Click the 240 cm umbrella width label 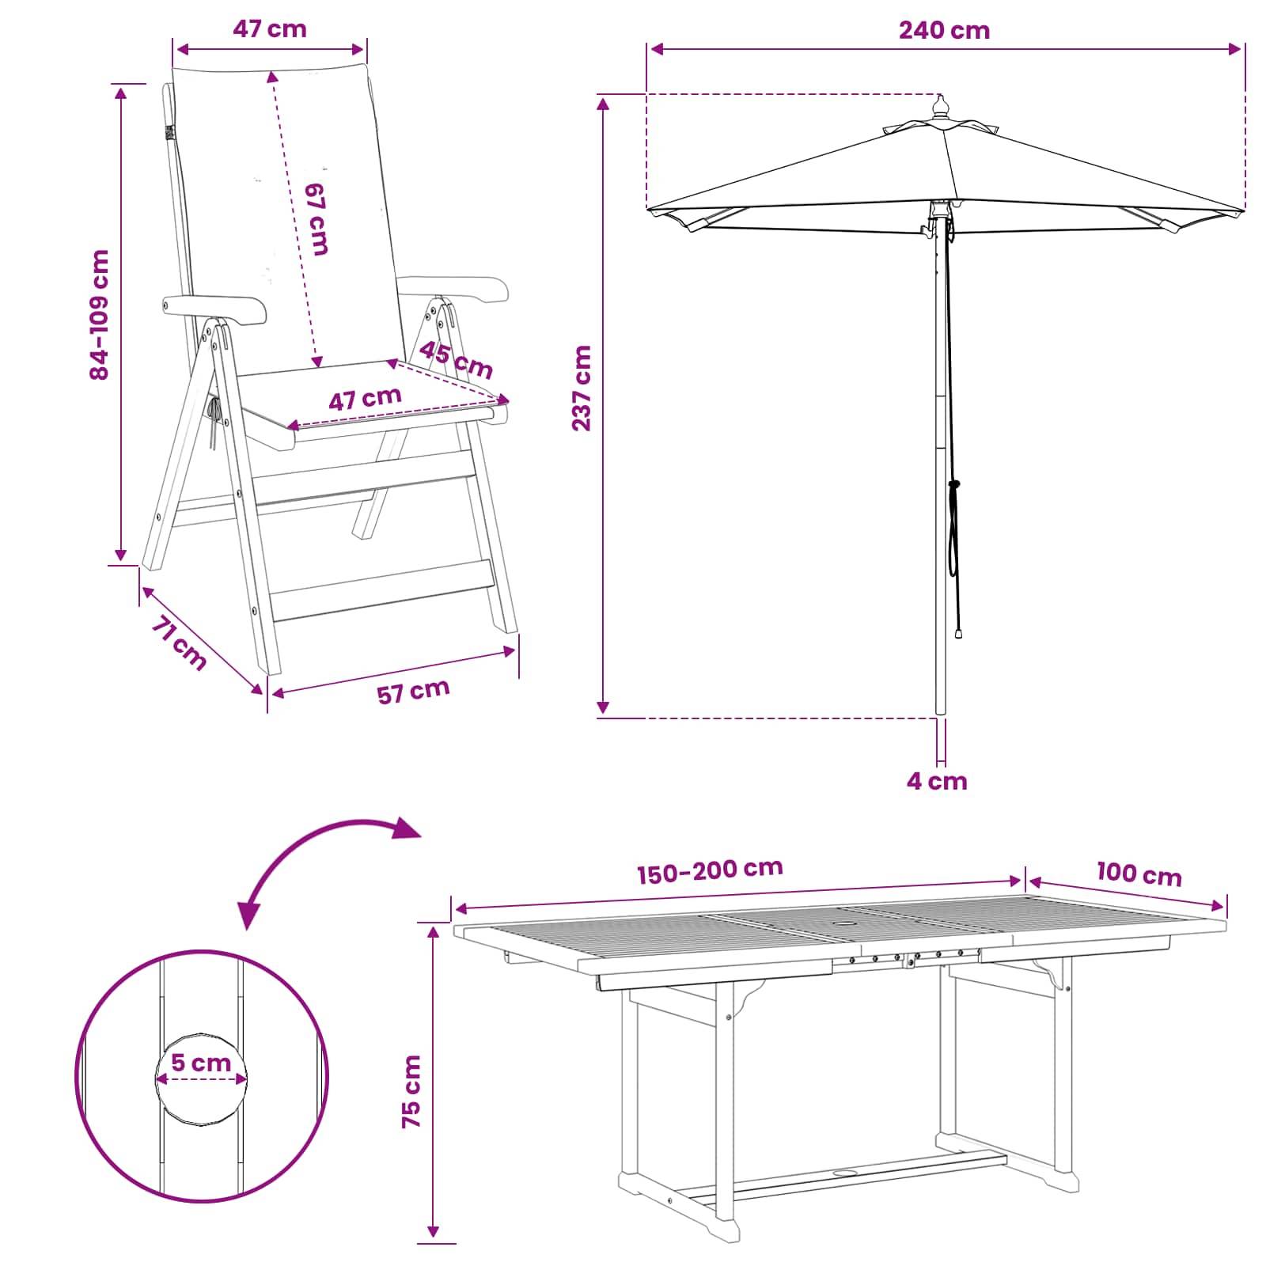pos(944,30)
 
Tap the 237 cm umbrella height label pos(582,388)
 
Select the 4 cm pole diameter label pos(937,781)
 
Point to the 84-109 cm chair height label pos(100,315)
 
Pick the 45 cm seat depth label pos(456,359)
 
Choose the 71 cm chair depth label pos(179,643)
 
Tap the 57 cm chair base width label pos(413,691)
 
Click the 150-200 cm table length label pos(710,870)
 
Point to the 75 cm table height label pos(411,1091)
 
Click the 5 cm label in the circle pos(201,1062)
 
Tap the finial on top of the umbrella pos(940,108)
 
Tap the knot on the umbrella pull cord pos(954,484)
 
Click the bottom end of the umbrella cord pos(959,633)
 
